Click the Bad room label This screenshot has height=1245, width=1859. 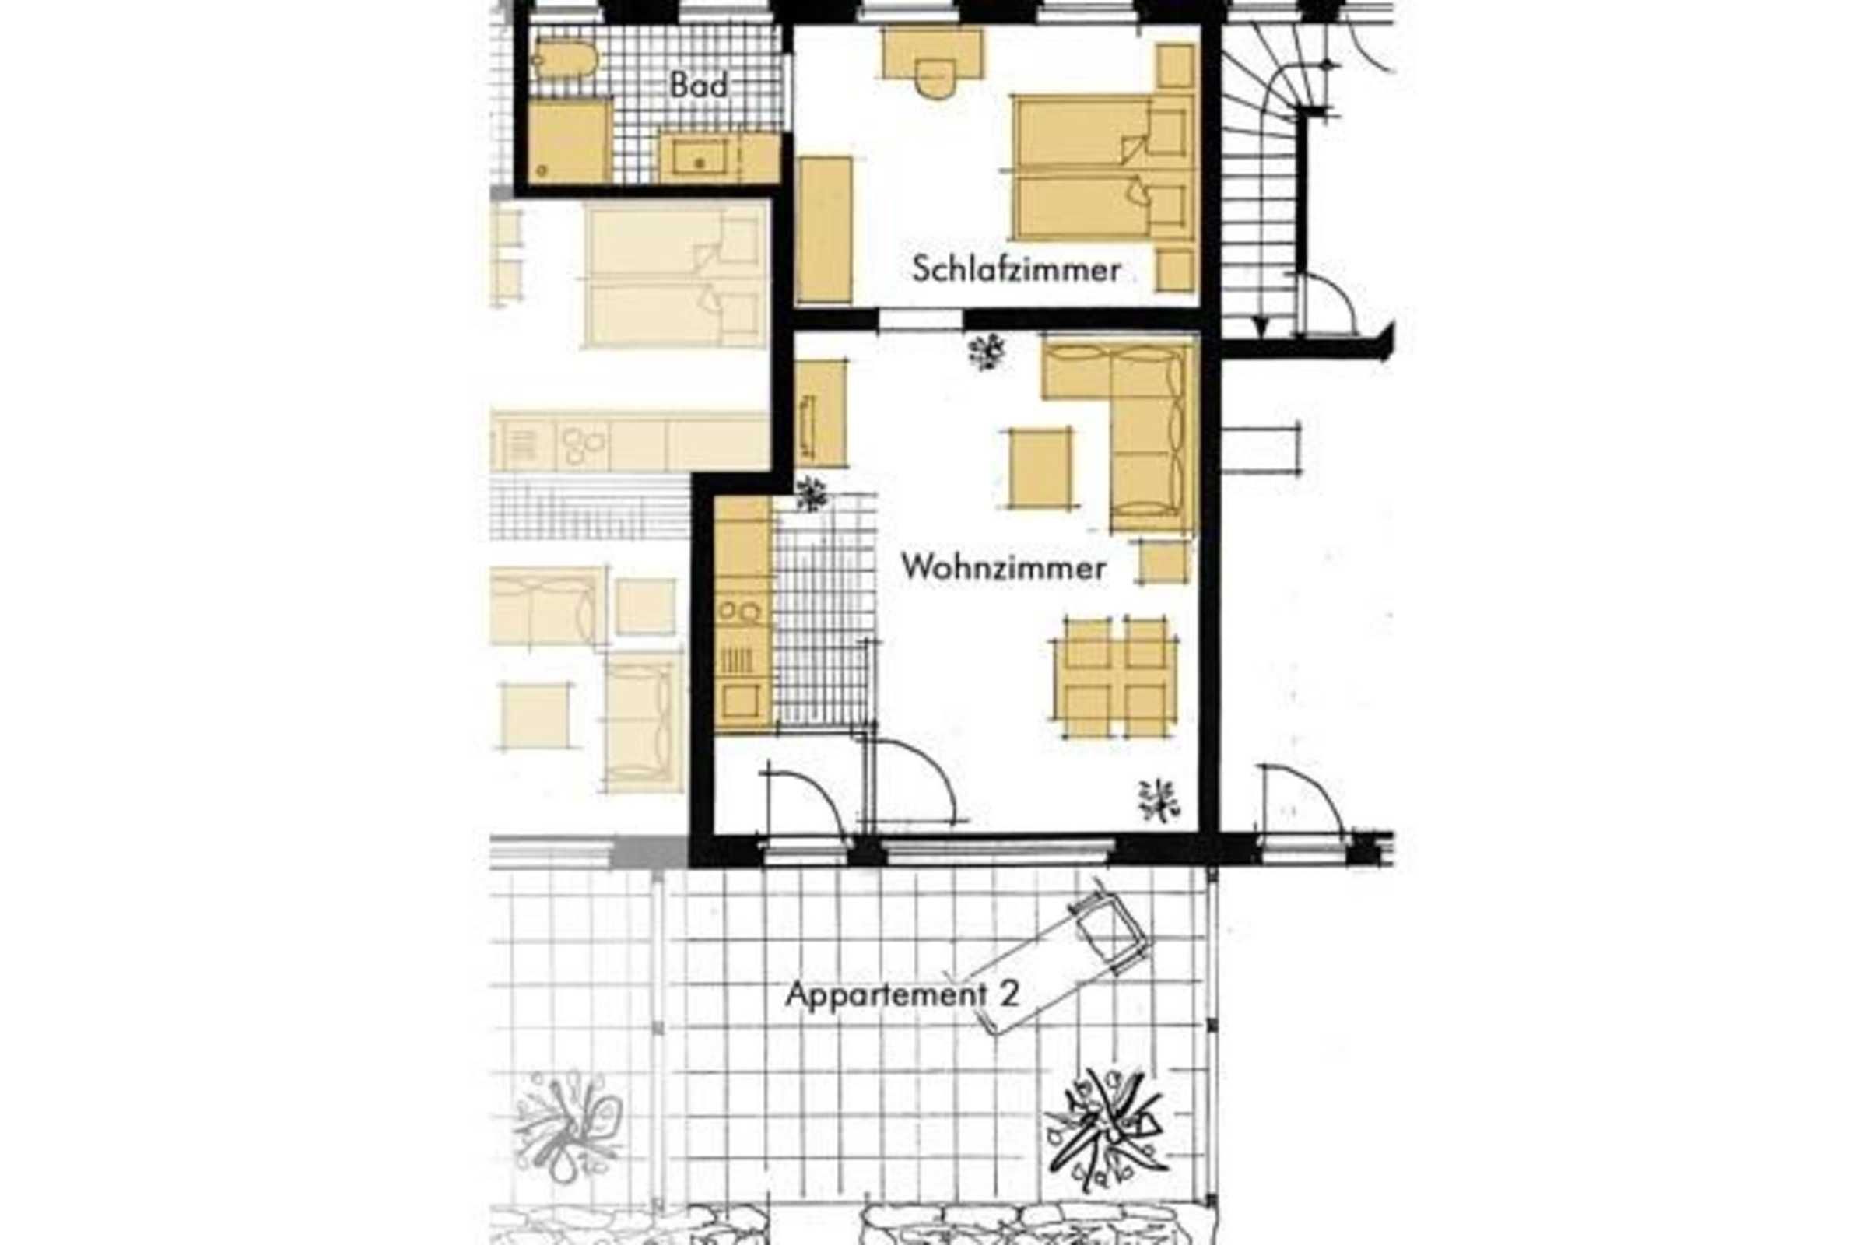tap(698, 84)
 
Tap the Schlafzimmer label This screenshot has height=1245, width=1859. tap(1016, 270)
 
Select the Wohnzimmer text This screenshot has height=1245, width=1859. tap(1004, 568)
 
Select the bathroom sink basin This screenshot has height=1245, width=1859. tap(700, 158)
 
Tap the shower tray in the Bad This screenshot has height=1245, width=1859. tap(570, 142)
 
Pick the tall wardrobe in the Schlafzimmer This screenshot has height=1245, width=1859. tap(824, 230)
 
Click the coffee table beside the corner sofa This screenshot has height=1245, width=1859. tap(1040, 468)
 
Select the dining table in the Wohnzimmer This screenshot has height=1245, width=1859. tap(1114, 677)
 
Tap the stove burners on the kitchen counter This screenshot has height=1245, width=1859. tap(739, 612)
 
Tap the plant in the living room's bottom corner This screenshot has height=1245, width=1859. tap(1159, 801)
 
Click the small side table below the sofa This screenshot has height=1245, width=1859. tap(1165, 562)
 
